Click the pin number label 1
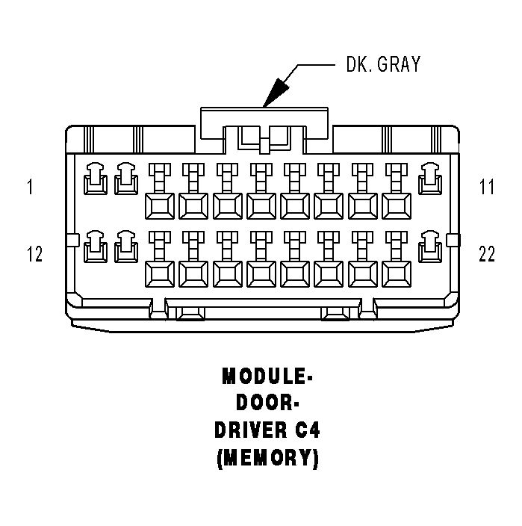30,187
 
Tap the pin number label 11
487,187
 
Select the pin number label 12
34,255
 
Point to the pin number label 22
487,255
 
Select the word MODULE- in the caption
267,377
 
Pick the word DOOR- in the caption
267,403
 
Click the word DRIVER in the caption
247,431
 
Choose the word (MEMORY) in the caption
267,458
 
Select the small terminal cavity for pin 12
95,248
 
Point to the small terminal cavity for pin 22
430,248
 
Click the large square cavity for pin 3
158,205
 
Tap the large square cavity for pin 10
396,205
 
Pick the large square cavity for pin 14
158,273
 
